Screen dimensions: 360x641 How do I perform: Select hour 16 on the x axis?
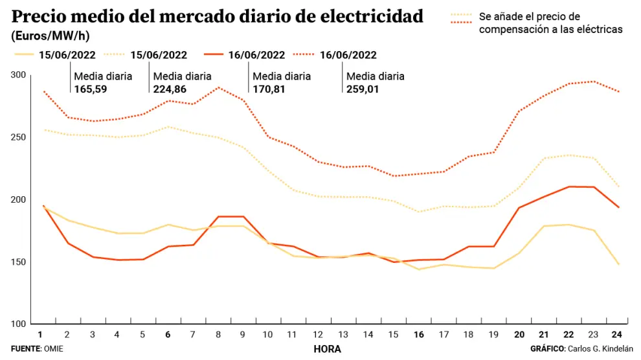[418, 335]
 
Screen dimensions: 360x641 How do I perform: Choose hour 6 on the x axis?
[168, 335]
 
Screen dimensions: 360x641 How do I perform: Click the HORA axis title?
[327, 349]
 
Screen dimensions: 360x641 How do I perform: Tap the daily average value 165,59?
[91, 89]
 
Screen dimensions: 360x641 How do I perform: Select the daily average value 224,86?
[170, 89]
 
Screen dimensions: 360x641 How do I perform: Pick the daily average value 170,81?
[269, 89]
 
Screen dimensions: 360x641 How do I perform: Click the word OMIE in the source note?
[54, 349]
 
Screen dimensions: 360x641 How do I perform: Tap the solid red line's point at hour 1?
[43, 206]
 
